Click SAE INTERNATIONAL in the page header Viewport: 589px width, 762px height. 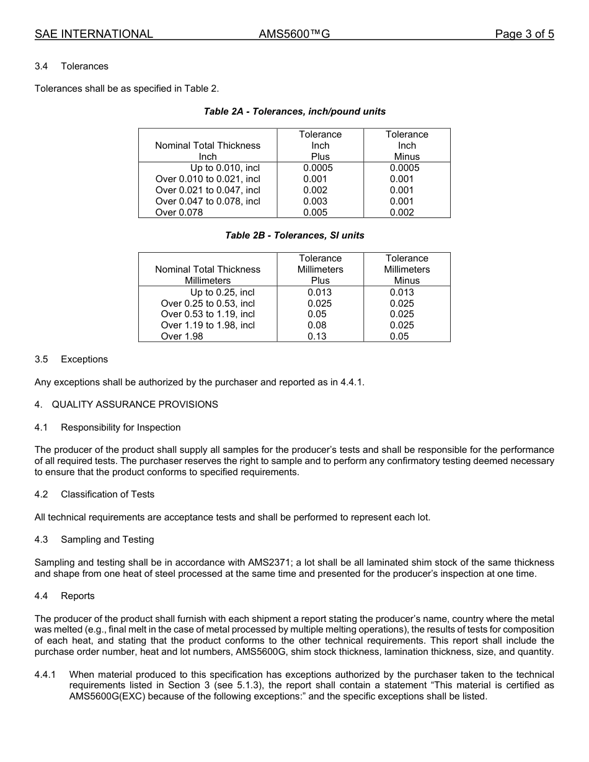pyautogui.click(x=94, y=34)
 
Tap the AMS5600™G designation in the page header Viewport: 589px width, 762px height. pyautogui.click(x=294, y=34)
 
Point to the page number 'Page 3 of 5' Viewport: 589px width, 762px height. pyautogui.click(x=524, y=34)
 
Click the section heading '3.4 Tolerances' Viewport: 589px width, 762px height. pyautogui.click(x=71, y=66)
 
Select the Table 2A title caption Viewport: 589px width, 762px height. pyautogui.click(x=294, y=112)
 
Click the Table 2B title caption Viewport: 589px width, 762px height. pyautogui.click(x=294, y=235)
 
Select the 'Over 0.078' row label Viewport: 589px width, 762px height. pyautogui.click(x=179, y=212)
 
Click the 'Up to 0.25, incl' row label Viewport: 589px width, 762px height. pyautogui.click(x=222, y=292)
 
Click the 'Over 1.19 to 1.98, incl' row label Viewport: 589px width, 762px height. pyautogui.click(x=208, y=325)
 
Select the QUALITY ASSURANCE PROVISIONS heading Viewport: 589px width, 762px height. pyautogui.click(x=135, y=405)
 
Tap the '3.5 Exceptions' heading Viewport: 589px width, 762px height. pyautogui.click(x=71, y=359)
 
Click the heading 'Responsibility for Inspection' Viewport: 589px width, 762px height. pyautogui.click(x=120, y=427)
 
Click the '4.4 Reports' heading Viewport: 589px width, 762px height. pyautogui.click(x=64, y=596)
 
